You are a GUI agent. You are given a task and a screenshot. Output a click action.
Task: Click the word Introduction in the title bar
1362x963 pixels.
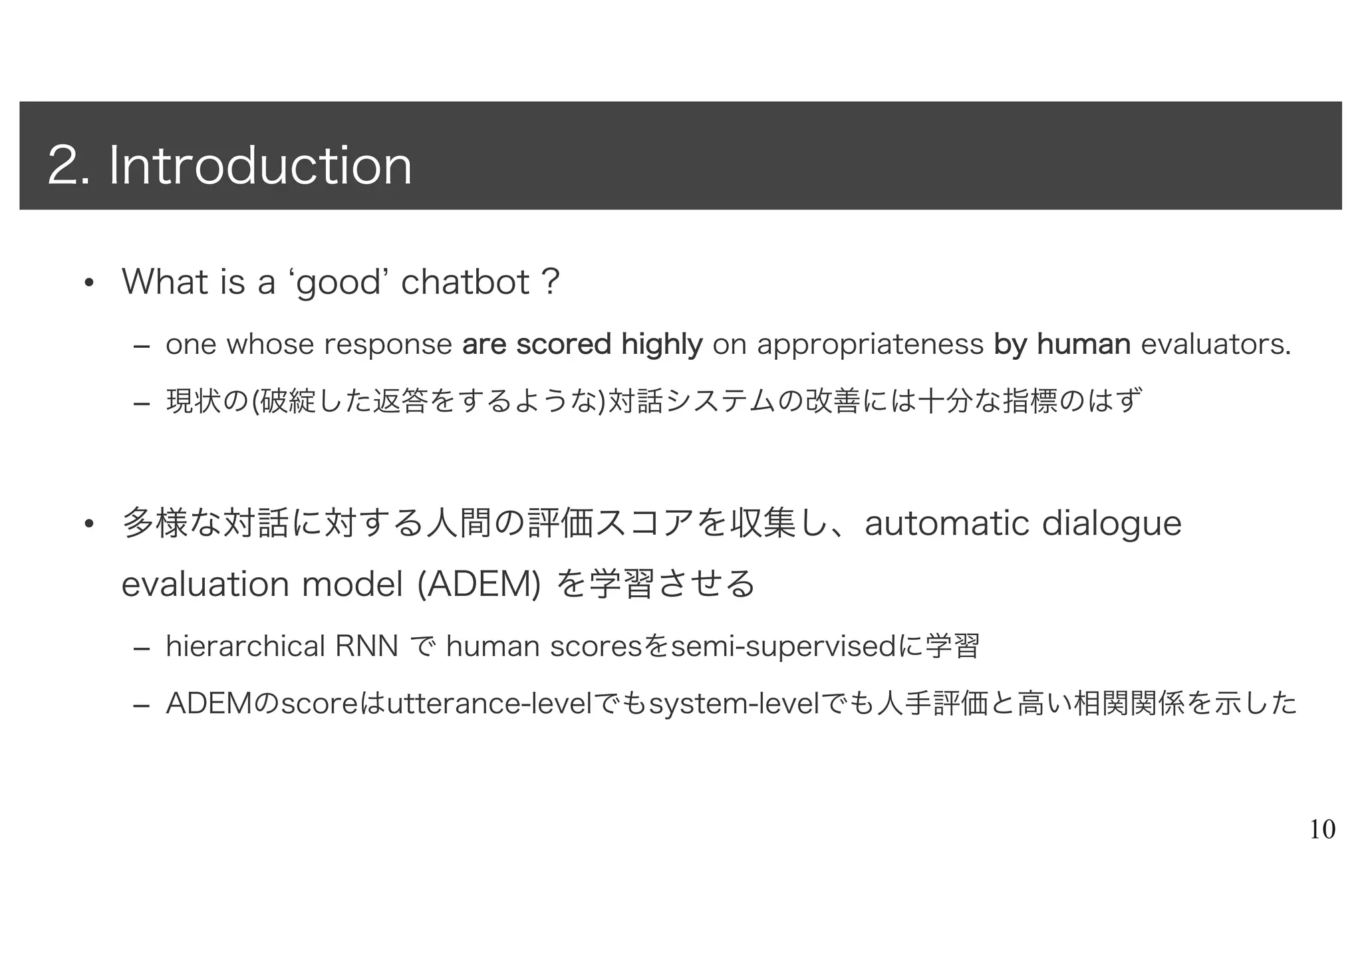click(x=260, y=166)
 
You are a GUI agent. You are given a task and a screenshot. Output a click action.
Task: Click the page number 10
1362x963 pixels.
click(x=1322, y=830)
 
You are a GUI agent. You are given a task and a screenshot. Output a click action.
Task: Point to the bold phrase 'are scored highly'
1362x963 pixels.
click(x=582, y=344)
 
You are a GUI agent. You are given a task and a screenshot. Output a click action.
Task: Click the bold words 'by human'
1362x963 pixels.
click(x=1062, y=344)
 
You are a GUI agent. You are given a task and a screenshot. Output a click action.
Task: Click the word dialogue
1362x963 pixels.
click(x=1111, y=524)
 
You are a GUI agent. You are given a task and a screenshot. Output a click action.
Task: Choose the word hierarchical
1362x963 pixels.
click(x=245, y=645)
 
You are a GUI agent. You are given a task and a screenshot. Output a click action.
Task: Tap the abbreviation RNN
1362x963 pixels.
click(x=367, y=645)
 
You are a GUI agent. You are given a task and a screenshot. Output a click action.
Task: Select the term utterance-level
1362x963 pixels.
click(x=489, y=704)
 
